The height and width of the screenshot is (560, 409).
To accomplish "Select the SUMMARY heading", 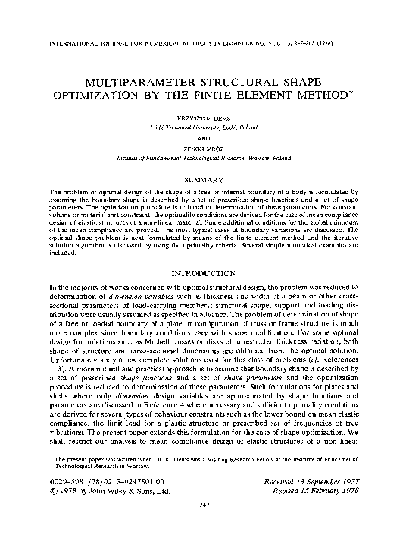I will tap(204, 179).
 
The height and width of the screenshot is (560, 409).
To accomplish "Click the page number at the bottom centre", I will tap(204, 548).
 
